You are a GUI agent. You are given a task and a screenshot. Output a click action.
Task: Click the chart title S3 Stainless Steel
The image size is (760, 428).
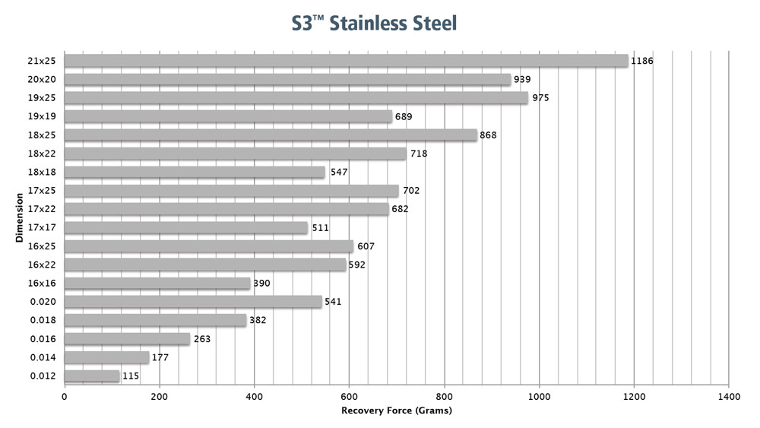375,24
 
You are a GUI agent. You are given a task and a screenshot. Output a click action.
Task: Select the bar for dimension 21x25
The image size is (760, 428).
346,61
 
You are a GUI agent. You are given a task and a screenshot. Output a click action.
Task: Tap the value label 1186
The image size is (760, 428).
641,61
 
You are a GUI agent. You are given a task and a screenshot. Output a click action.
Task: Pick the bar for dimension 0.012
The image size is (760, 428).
92,376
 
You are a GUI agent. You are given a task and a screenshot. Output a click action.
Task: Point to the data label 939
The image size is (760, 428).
522,79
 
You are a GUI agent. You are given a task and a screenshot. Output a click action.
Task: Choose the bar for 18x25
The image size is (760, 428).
271,135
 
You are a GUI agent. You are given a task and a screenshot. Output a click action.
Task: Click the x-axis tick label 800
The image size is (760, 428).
445,396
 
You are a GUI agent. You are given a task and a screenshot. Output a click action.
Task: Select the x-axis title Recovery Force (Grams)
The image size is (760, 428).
396,411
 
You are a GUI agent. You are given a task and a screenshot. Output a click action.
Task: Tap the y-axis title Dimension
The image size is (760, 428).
17,219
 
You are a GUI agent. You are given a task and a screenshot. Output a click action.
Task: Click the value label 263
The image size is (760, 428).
201,339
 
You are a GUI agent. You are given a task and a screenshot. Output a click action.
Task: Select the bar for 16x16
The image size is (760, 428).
157,284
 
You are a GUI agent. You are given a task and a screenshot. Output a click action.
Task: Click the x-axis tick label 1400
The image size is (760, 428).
729,396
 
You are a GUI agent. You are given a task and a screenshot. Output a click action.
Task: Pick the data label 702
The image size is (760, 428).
410,191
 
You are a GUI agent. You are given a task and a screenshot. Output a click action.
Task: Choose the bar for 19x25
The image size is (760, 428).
296,98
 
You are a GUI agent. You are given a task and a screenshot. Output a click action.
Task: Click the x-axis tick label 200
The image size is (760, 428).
160,396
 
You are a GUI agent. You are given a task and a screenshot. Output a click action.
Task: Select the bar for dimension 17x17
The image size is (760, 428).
186,227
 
